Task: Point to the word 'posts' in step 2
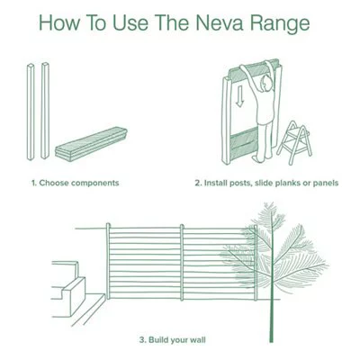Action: [248, 183]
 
